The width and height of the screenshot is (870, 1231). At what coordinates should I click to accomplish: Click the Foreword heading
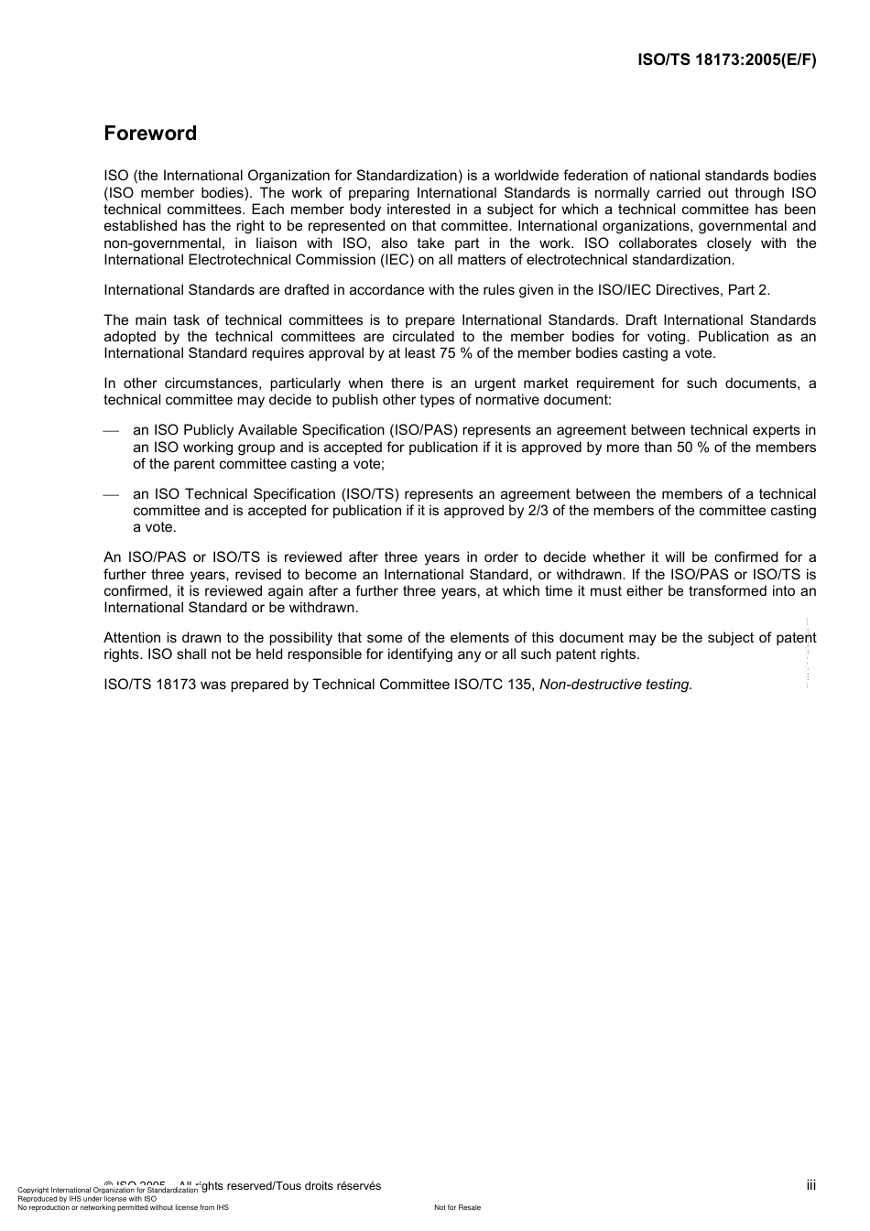tap(150, 134)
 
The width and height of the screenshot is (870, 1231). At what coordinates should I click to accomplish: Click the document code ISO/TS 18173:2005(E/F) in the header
tap(726, 60)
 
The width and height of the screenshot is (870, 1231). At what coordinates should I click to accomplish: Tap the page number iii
tap(810, 1185)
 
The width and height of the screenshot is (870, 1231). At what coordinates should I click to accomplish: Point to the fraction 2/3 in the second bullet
tap(539, 511)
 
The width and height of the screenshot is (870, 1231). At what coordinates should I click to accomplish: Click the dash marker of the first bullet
tap(112, 431)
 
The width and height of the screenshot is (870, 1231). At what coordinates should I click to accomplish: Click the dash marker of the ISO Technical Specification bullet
tap(112, 495)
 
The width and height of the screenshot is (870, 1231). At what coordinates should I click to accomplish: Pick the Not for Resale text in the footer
tap(457, 1207)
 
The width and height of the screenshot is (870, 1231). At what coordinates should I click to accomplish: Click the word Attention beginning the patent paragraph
tap(132, 638)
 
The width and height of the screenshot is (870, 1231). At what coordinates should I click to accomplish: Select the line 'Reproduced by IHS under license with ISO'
tap(87, 1198)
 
